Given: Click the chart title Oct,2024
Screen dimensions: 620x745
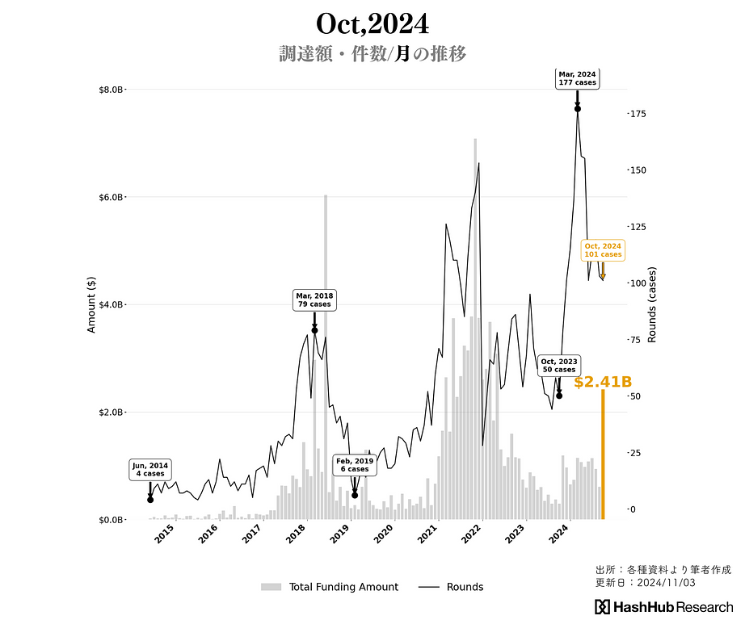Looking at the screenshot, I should (372, 23).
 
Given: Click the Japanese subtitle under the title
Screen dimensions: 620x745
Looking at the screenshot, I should (372, 54).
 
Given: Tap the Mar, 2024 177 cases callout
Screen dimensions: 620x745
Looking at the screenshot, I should (578, 78).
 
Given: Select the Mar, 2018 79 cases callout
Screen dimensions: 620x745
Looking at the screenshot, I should (314, 300).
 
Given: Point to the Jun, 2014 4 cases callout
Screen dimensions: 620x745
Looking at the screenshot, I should (150, 469).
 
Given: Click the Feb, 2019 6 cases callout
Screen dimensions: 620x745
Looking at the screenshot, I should (355, 465).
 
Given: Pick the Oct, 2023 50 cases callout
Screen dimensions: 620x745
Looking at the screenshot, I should (559, 365).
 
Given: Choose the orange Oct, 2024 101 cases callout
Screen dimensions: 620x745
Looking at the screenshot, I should (603, 249).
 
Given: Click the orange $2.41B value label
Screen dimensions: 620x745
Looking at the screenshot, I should (603, 382).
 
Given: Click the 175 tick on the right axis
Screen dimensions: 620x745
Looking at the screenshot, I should (638, 114).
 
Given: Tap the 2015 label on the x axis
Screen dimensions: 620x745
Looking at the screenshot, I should (164, 534).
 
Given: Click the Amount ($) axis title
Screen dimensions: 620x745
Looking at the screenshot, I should (91, 304).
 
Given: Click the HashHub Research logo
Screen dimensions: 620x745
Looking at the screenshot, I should (664, 607).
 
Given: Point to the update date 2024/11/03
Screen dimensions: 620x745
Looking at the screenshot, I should (645, 582).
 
